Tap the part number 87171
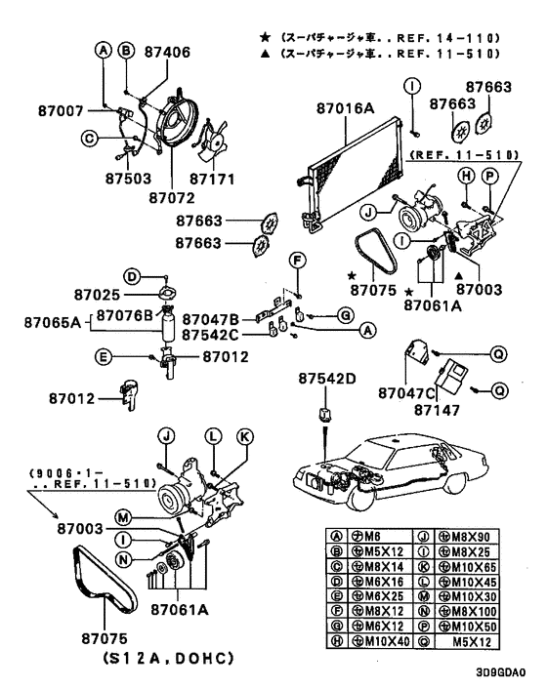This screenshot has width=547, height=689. [213, 180]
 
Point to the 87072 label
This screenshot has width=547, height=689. [173, 197]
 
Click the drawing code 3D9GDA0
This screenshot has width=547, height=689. [500, 672]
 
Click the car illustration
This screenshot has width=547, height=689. [391, 472]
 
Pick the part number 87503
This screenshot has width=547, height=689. [126, 180]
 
